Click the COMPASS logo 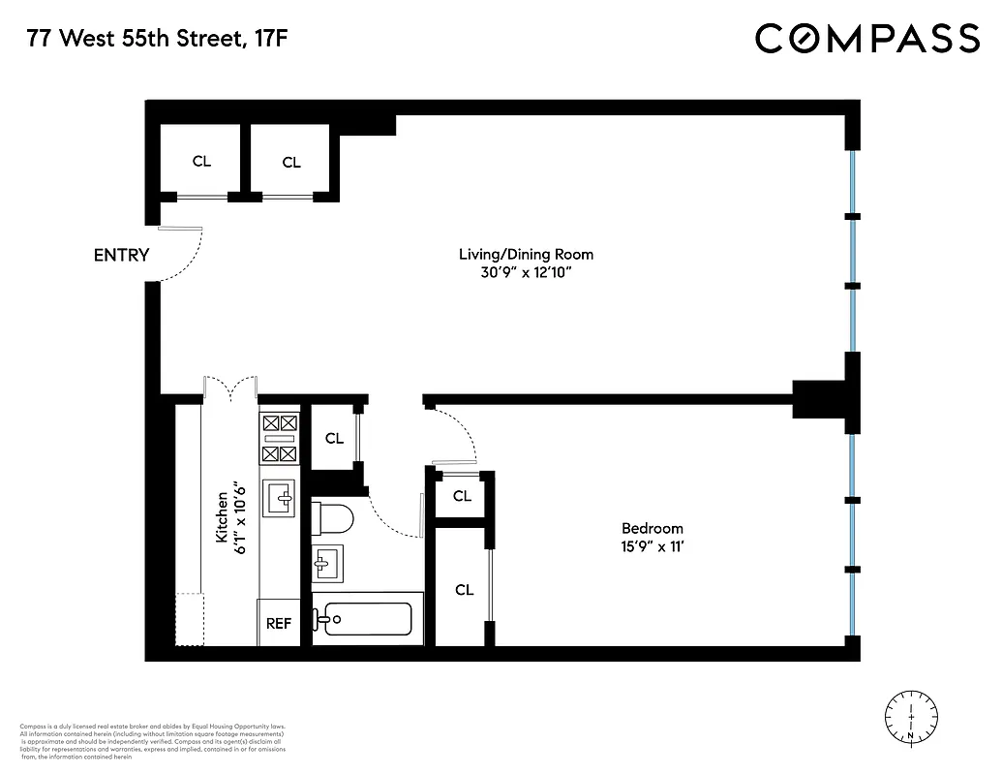click(x=866, y=39)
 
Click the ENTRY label click(x=121, y=256)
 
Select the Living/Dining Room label click(x=526, y=254)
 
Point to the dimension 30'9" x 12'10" click(x=526, y=273)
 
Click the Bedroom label click(x=652, y=528)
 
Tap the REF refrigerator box click(x=279, y=624)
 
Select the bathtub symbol click(x=368, y=618)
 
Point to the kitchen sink click(x=281, y=498)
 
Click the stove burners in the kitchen click(x=280, y=438)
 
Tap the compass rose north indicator click(x=912, y=718)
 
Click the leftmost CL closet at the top click(x=201, y=162)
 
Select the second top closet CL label click(x=291, y=163)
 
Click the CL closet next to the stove click(x=334, y=439)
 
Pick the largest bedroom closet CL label click(x=464, y=590)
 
